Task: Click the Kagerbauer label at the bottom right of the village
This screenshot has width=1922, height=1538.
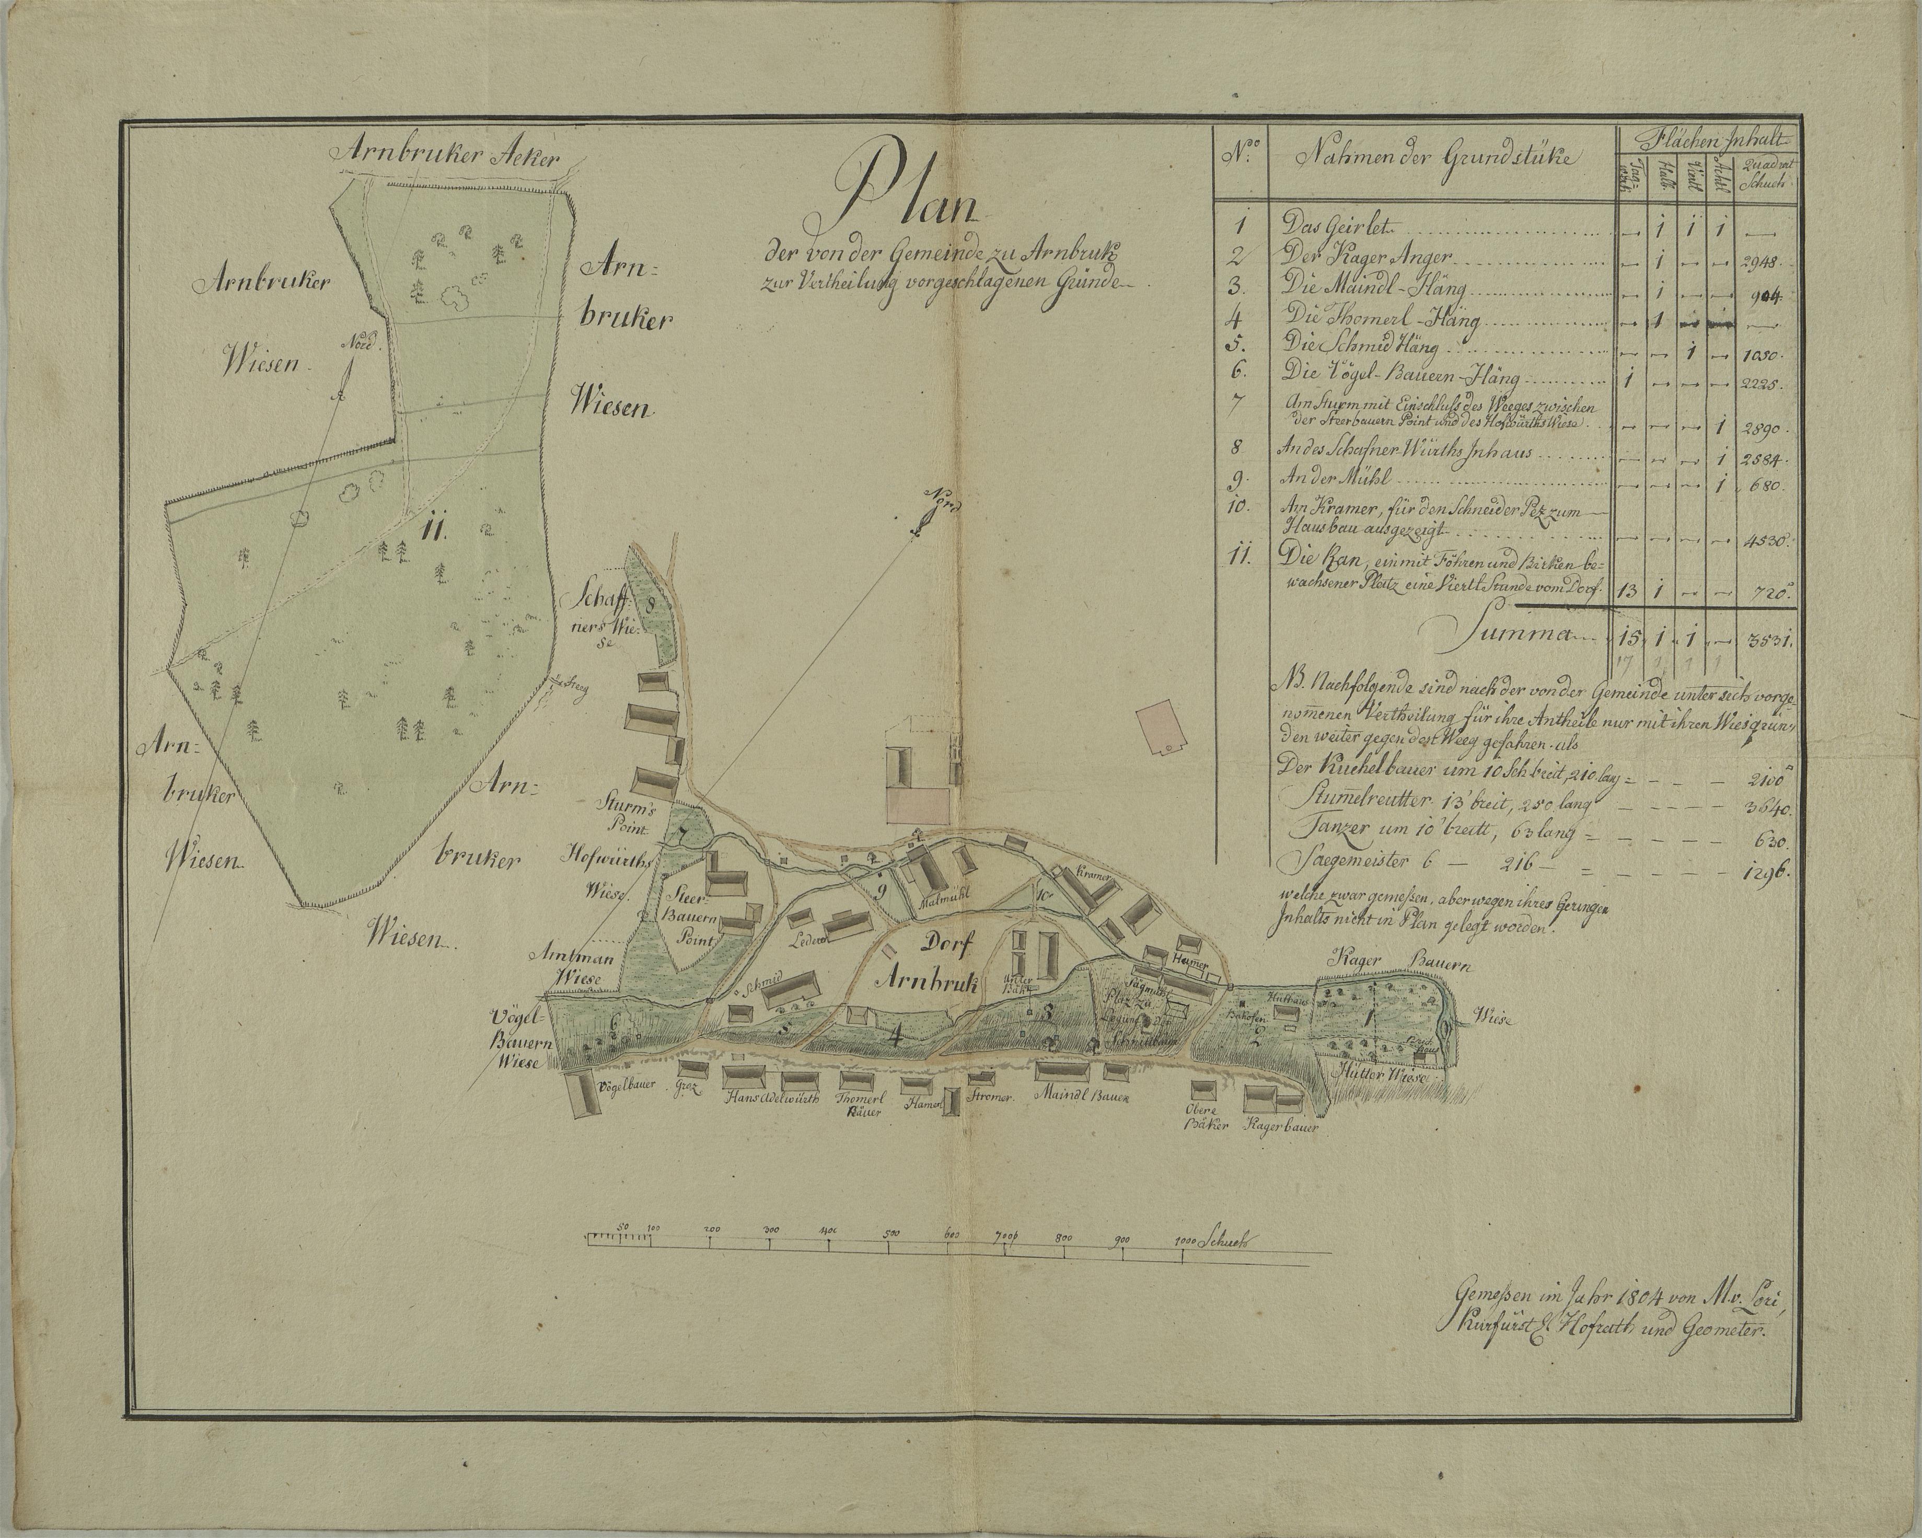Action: click(1284, 1127)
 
